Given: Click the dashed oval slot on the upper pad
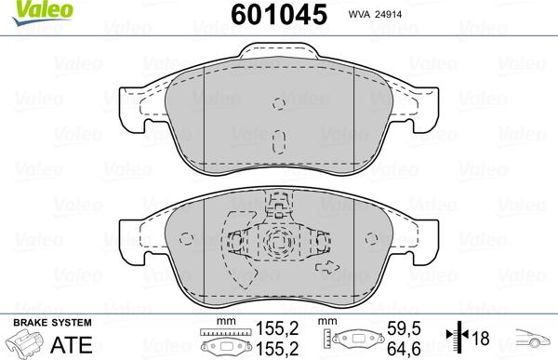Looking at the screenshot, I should click(279, 141).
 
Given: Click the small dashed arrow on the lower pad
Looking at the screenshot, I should click(328, 267).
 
